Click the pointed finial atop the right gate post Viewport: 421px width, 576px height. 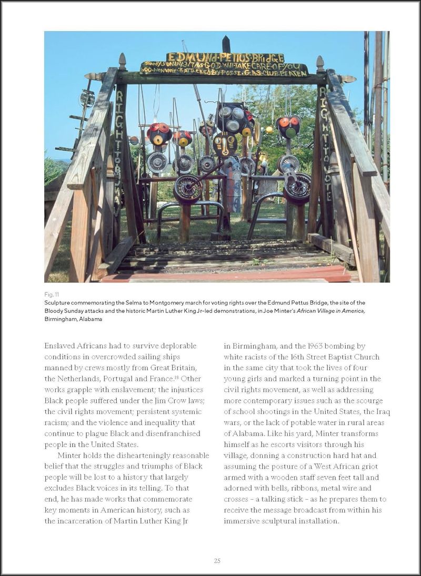click(x=319, y=63)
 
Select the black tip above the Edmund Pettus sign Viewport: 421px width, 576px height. click(x=226, y=43)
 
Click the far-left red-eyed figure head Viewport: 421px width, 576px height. click(x=159, y=134)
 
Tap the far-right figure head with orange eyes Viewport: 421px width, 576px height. click(x=288, y=127)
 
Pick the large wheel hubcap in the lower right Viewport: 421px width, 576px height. click(x=298, y=188)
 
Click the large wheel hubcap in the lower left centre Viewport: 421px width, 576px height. click(x=188, y=189)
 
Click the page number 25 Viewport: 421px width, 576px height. click(x=217, y=561)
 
